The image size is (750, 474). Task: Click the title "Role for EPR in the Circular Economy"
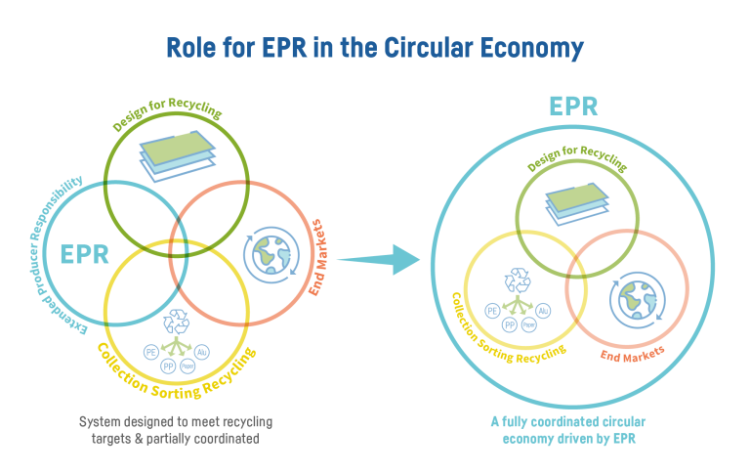374,48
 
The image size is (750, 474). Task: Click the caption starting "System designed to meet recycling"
175,430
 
